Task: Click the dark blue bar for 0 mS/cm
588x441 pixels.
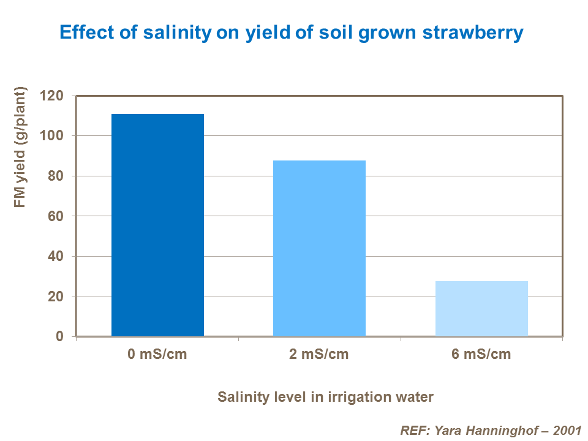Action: (157, 225)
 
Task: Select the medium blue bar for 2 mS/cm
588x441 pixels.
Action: (319, 248)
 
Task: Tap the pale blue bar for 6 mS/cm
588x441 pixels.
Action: (481, 308)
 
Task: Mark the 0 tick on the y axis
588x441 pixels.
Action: (59, 337)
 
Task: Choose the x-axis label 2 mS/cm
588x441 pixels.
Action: (319, 355)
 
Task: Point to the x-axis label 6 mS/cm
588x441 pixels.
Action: (481, 355)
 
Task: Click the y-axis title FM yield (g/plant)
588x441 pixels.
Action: (21, 148)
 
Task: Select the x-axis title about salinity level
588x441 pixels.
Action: (325, 397)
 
